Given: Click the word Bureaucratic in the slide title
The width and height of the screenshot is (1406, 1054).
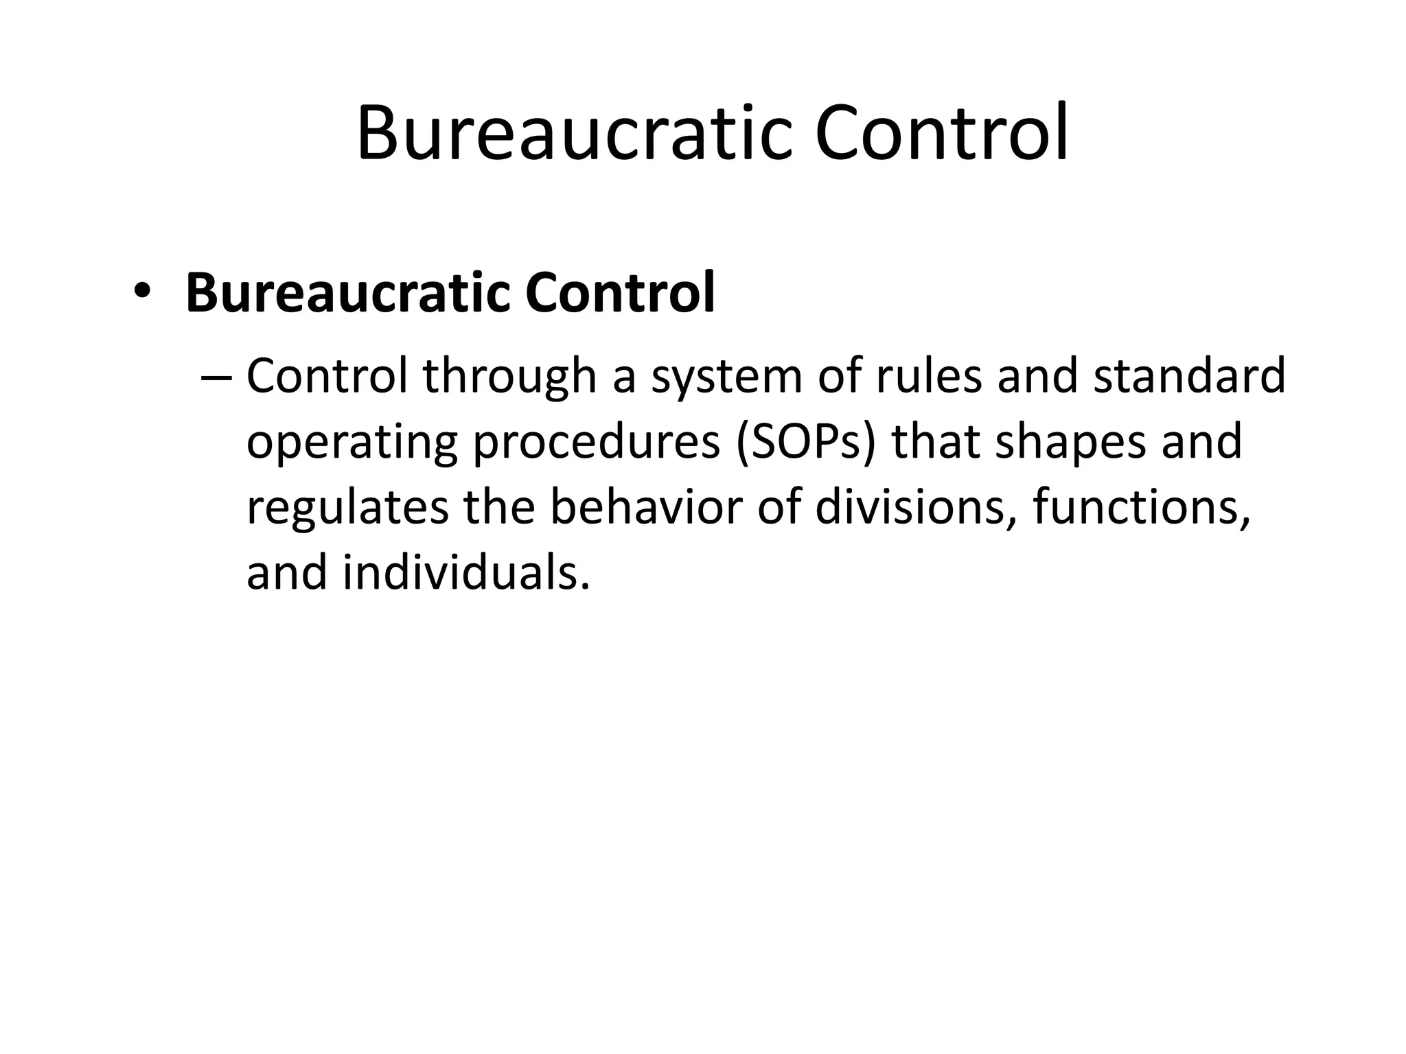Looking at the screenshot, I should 571,133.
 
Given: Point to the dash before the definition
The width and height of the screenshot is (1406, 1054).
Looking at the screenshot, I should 218,378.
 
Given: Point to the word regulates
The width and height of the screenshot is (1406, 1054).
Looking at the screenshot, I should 347,509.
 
